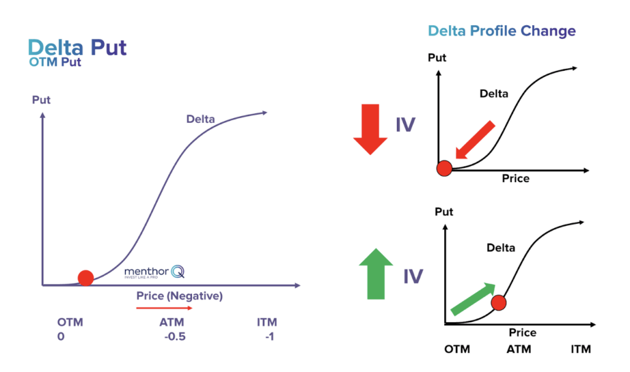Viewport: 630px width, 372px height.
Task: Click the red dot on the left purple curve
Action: [86, 278]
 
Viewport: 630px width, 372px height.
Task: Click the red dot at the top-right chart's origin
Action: [444, 168]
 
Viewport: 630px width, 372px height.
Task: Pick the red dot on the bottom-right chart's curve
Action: [498, 302]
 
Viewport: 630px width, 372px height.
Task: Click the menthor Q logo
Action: [154, 272]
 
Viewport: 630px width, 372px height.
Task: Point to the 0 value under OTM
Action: [61, 337]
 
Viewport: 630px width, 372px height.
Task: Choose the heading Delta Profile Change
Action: [502, 31]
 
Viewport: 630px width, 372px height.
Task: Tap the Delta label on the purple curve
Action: [201, 119]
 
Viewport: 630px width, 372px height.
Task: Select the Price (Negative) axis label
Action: [179, 296]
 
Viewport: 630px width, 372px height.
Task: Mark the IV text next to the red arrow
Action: [405, 125]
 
